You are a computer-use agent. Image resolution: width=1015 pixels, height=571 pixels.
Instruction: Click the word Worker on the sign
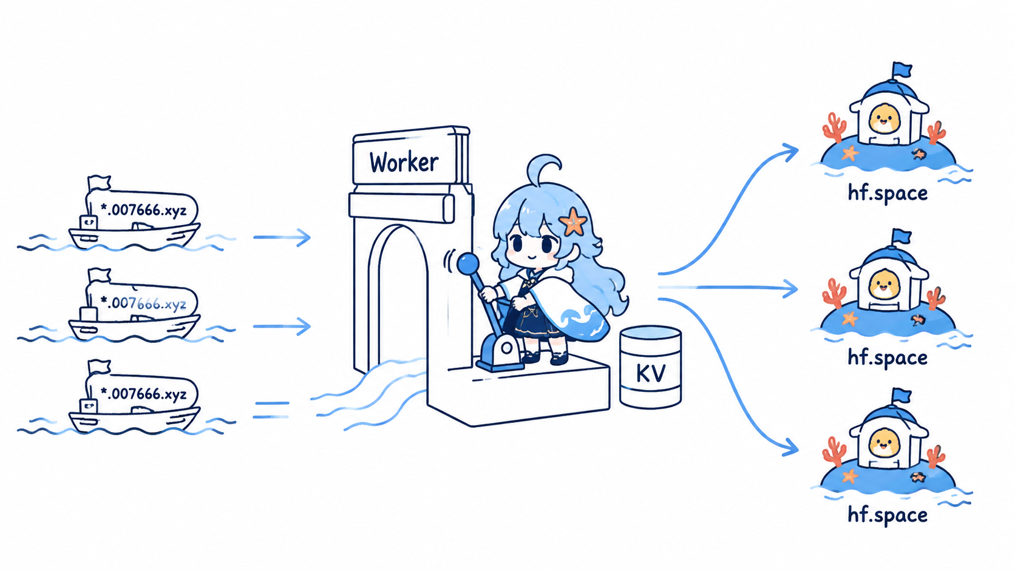point(404,162)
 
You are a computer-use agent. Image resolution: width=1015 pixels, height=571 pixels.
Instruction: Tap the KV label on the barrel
point(651,373)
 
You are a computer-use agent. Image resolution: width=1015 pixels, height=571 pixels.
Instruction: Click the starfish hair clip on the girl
point(573,221)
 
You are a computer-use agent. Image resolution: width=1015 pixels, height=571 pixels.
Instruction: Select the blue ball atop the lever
point(467,264)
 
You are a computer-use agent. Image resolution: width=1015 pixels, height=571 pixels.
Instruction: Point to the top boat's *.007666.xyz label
point(143,210)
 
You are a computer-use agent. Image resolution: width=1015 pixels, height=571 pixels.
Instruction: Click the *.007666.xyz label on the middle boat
point(143,302)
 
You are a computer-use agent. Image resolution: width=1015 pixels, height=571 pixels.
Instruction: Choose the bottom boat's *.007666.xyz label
point(143,393)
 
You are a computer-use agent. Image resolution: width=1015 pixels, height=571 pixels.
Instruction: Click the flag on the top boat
point(99,183)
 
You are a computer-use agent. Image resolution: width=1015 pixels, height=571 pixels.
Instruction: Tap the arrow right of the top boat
point(282,237)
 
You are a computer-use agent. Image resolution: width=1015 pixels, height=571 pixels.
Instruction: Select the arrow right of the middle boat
point(282,326)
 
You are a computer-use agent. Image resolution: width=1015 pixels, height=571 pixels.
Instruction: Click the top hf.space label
point(888,193)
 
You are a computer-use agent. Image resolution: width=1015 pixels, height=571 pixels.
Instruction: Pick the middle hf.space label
point(888,357)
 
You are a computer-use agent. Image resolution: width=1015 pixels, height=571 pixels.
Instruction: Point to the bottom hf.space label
point(888,515)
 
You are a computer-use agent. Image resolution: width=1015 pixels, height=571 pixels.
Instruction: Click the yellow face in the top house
point(884,119)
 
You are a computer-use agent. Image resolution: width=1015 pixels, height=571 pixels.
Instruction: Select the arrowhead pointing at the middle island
point(790,289)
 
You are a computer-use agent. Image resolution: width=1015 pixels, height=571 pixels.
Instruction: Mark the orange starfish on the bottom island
point(850,476)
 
